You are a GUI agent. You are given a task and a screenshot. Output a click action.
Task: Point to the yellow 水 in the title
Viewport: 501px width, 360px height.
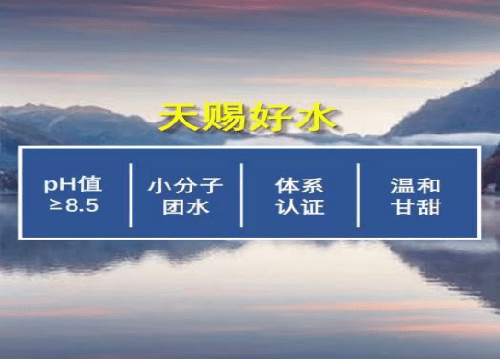[318, 117]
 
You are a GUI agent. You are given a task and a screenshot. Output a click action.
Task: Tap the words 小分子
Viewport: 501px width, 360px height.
[185, 183]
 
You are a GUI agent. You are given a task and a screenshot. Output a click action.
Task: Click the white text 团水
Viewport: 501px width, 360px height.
[185, 205]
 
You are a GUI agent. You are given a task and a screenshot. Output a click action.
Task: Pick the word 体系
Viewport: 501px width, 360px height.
[299, 183]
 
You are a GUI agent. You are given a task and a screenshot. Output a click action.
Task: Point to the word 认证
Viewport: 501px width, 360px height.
[299, 205]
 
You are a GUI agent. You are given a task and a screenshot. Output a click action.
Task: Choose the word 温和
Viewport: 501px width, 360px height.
[415, 183]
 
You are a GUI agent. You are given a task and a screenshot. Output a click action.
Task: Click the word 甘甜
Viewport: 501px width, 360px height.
[415, 205]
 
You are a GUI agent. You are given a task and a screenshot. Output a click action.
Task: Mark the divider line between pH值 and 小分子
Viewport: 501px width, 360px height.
[131, 193]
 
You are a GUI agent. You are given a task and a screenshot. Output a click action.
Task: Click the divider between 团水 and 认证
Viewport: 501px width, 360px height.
[242, 193]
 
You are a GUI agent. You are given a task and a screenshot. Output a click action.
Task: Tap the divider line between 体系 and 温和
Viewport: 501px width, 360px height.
[357, 193]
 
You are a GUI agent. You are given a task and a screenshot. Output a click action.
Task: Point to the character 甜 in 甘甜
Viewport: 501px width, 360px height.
[427, 205]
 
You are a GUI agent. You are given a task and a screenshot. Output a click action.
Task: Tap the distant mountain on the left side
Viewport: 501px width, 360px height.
[55, 124]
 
